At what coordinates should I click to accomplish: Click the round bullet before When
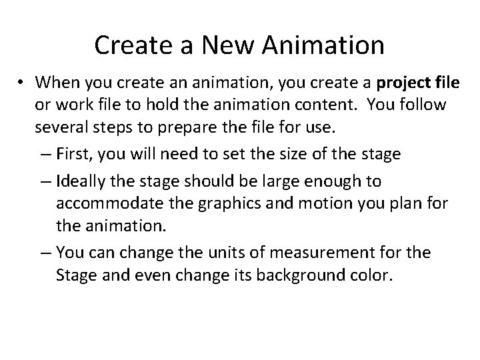22,83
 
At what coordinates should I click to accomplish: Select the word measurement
306,253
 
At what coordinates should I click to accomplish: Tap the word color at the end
372,275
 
